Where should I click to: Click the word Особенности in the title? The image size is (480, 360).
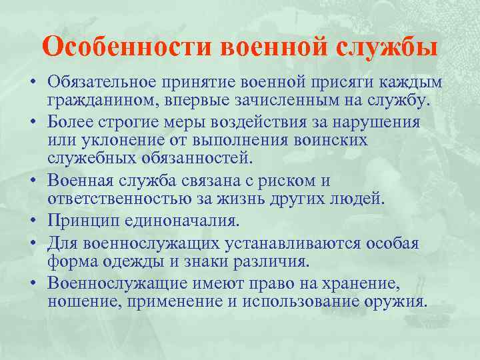point(127,47)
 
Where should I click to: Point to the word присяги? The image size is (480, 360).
point(345,83)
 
